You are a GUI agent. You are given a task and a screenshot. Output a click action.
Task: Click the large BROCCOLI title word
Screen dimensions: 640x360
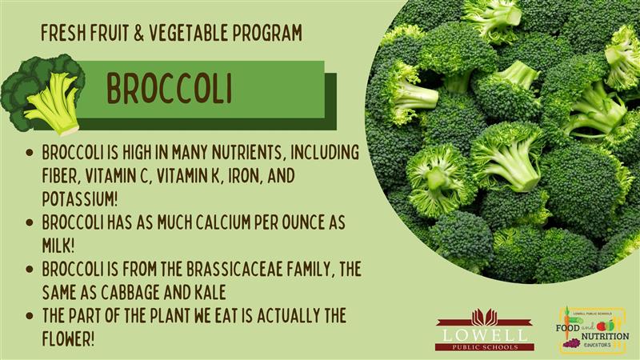coord(170,89)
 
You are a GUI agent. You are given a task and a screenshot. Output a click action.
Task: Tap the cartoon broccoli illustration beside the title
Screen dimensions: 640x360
coord(42,94)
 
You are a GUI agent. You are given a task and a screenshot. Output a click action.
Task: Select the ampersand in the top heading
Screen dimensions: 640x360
coord(138,33)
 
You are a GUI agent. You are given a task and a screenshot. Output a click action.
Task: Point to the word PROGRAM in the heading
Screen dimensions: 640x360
coord(268,33)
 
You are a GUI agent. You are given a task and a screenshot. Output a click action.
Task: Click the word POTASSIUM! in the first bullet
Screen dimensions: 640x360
coord(80,198)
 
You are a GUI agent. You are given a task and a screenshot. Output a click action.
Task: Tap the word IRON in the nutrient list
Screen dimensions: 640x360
coord(245,176)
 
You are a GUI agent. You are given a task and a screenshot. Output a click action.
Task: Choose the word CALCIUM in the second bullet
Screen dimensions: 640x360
coord(223,222)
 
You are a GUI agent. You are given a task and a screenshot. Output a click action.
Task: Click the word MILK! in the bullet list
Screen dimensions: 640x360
coord(58,246)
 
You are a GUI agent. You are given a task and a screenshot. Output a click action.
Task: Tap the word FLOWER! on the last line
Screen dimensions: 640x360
coord(68,338)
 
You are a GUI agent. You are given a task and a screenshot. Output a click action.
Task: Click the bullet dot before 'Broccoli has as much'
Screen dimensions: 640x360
coord(29,223)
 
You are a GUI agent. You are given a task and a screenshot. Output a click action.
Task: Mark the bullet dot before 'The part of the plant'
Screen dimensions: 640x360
coord(29,316)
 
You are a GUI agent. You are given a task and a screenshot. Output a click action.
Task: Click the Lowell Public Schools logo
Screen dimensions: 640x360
coord(485,330)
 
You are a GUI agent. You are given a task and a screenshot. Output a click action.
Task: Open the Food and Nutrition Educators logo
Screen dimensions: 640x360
coord(592,330)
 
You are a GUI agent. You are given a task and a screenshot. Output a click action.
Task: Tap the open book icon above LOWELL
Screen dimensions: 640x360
coord(485,317)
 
